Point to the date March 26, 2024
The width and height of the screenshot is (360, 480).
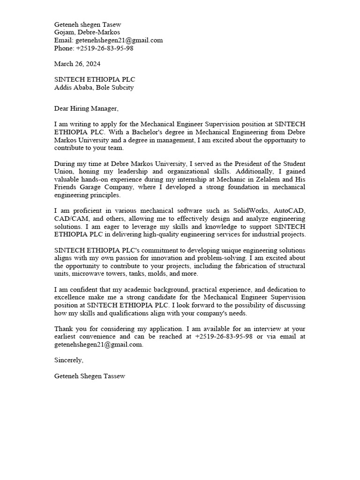point(77,64)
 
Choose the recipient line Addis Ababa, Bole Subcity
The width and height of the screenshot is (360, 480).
point(94,87)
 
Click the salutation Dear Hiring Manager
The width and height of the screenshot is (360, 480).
point(86,109)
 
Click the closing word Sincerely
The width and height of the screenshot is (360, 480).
point(69,360)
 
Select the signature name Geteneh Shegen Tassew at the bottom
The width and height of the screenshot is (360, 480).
point(90,376)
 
